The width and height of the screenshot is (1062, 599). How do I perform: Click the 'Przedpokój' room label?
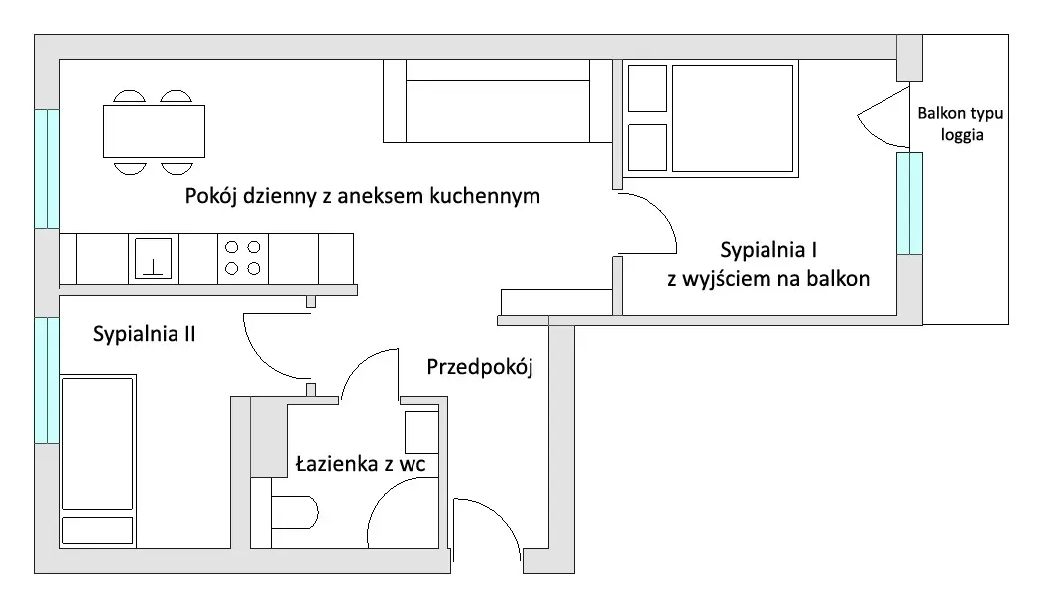(x=480, y=367)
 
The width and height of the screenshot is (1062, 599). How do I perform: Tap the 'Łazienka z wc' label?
(x=361, y=464)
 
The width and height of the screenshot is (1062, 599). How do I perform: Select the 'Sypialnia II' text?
(x=144, y=334)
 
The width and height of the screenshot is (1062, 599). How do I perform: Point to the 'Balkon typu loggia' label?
(x=961, y=123)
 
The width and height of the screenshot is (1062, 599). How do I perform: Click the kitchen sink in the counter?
(x=153, y=258)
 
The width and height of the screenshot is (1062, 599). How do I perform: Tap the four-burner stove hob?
(x=243, y=258)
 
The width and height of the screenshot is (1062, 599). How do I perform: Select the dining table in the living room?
(x=154, y=132)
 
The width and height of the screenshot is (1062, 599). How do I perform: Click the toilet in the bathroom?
(x=295, y=513)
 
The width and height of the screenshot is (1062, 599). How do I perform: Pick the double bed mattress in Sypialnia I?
(x=732, y=118)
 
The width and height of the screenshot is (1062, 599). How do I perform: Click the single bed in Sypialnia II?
(x=98, y=461)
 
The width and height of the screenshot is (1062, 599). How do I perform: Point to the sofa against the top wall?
(x=498, y=101)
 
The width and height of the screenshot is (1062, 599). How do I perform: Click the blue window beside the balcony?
(x=909, y=203)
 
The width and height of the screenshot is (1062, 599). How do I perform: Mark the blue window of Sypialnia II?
(x=48, y=381)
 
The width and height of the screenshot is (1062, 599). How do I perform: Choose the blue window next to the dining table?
(x=48, y=169)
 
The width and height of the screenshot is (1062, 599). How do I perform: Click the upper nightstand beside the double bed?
(x=648, y=88)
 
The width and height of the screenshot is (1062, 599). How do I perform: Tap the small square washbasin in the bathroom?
(x=421, y=431)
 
